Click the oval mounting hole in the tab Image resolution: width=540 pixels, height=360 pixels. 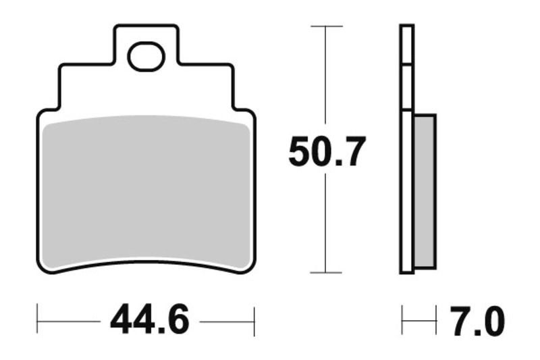click(146, 57)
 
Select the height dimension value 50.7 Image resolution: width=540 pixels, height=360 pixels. click(327, 152)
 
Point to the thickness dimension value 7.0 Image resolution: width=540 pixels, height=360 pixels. click(477, 322)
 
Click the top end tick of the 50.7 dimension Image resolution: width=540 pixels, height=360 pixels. click(327, 26)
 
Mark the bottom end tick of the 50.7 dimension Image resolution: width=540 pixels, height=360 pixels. click(327, 273)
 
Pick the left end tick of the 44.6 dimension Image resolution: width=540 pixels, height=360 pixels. click(38, 319)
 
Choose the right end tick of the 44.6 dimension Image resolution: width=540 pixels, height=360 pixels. click(254, 319)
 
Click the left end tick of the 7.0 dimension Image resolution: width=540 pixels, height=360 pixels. click(402, 319)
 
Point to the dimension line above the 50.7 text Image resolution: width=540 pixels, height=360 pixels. click(327, 81)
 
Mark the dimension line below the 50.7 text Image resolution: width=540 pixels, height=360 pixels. click(327, 223)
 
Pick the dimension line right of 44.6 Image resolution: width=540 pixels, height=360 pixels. click(226, 319)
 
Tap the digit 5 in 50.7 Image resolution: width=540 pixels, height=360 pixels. click(300, 152)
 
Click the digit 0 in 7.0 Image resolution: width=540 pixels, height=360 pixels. click(493, 322)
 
